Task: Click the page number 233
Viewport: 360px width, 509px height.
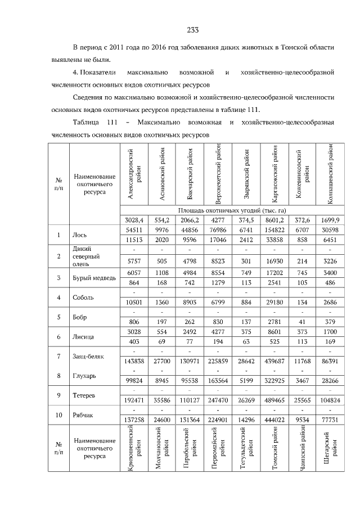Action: (191, 30)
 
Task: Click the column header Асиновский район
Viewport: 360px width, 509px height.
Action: (161, 174)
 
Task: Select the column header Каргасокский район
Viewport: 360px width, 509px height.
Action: (274, 174)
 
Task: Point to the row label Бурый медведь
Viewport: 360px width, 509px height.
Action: (94, 278)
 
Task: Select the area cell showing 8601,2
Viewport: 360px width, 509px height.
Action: (274, 220)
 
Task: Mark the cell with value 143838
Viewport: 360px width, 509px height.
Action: (133, 361)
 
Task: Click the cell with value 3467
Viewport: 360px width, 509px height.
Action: (303, 380)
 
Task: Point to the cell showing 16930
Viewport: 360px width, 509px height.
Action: (274, 260)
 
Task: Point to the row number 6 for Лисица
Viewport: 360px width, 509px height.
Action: (58, 337)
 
